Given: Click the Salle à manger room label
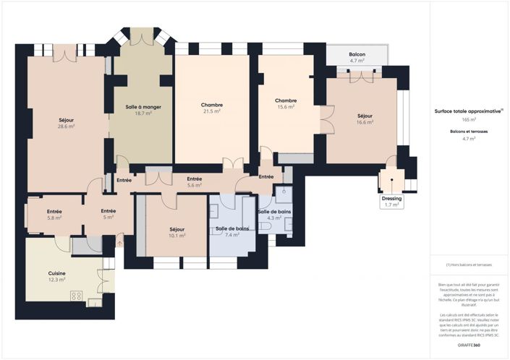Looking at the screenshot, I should [143, 107].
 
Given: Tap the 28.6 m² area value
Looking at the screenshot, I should [67, 126].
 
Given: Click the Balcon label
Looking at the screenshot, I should [357, 55].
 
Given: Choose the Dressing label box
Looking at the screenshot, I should [391, 201].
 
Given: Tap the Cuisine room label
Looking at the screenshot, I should [57, 273].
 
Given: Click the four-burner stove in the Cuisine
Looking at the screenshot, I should [76, 296].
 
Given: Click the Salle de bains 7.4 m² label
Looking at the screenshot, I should [232, 229].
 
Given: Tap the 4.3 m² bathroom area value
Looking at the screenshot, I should [274, 217].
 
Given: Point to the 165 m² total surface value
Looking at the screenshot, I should [469, 119].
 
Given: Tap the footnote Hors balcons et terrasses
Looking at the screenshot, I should [469, 265].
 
